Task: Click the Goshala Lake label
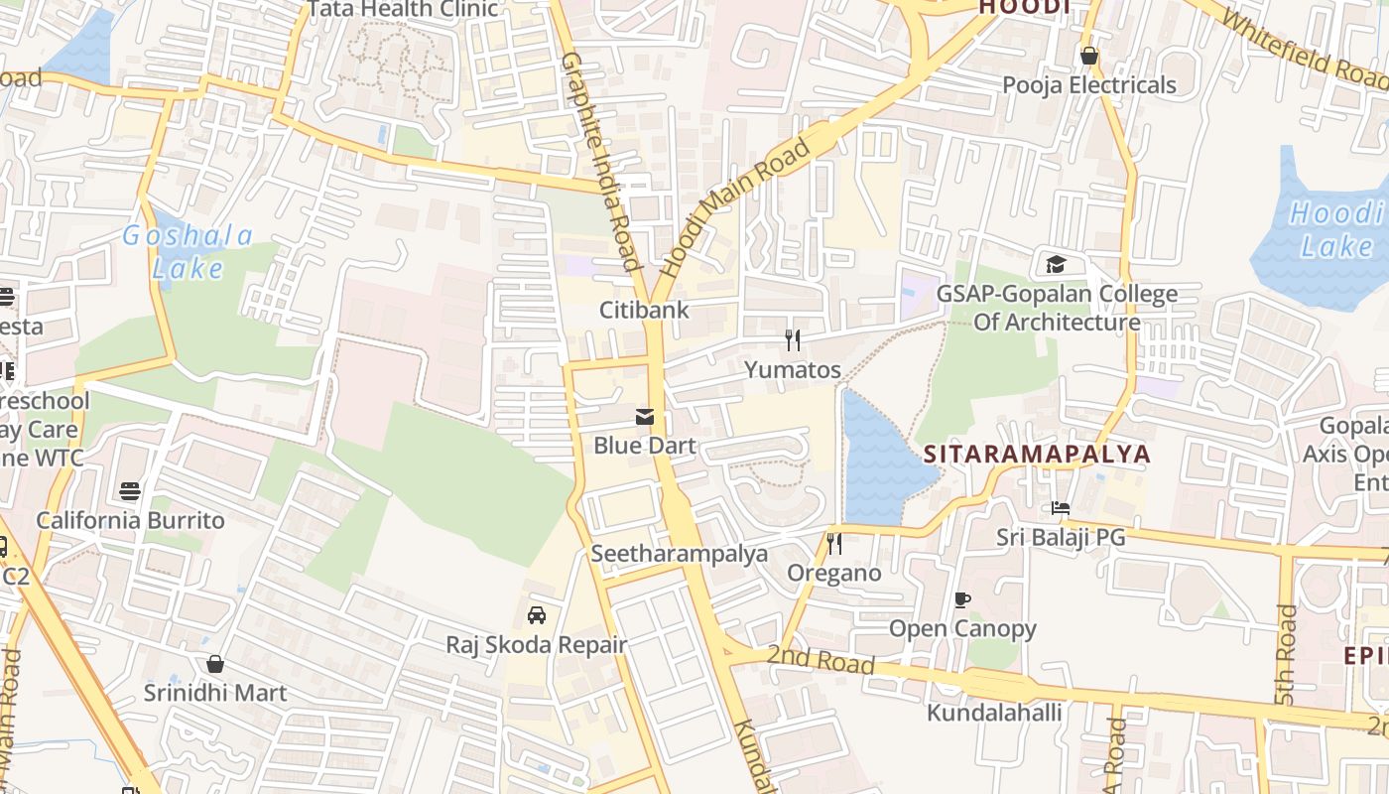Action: point(188,251)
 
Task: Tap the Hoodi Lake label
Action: point(1336,229)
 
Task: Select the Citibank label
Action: point(644,310)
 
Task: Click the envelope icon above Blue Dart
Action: point(645,417)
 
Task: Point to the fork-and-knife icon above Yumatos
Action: point(792,340)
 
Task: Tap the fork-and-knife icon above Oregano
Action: point(834,544)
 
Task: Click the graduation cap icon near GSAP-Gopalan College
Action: point(1055,265)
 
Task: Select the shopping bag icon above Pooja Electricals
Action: point(1089,56)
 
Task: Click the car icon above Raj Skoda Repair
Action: point(537,615)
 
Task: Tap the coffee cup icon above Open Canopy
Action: point(961,599)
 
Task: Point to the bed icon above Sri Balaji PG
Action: point(1061,508)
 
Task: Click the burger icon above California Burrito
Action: point(130,490)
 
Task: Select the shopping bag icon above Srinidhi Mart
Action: point(215,663)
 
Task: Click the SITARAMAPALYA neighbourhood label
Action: point(1037,454)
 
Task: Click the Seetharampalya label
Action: point(680,553)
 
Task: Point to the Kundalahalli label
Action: point(994,713)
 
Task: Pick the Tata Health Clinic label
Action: point(403,9)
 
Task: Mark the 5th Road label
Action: point(1286,655)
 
